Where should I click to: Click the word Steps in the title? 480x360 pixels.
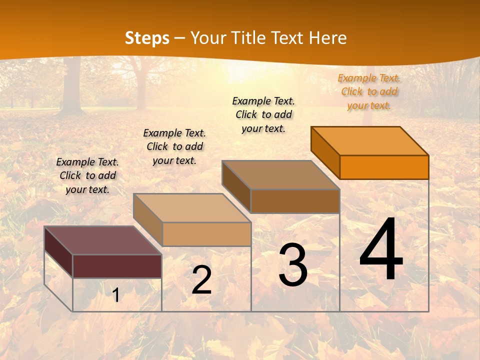click(x=147, y=38)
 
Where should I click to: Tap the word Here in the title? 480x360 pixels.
click(x=327, y=38)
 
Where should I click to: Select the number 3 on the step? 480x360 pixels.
click(x=293, y=265)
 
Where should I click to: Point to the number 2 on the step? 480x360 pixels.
click(x=201, y=280)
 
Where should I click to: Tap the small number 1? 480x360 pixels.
click(x=115, y=295)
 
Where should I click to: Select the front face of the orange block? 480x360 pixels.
click(x=384, y=167)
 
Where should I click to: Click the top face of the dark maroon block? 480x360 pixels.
click(x=102, y=240)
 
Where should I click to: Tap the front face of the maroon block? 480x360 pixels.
click(x=117, y=266)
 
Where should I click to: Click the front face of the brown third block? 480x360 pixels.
click(x=295, y=201)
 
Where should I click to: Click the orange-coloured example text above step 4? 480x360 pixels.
click(x=369, y=91)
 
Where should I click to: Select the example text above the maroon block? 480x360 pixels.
click(x=87, y=175)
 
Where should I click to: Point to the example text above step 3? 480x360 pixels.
click(x=263, y=114)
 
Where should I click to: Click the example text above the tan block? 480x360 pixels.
click(x=174, y=146)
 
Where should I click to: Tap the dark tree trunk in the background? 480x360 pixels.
click(x=73, y=85)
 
